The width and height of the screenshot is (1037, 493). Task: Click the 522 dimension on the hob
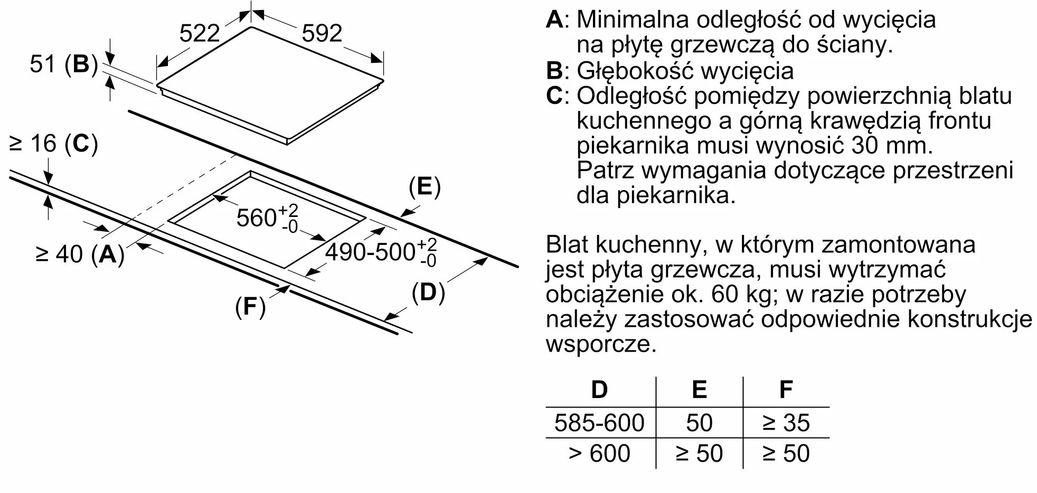(x=199, y=34)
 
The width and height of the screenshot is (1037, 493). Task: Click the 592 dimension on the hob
(x=322, y=34)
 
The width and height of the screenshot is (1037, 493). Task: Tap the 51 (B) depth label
(x=64, y=64)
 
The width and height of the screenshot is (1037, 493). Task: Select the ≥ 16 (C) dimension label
(x=54, y=144)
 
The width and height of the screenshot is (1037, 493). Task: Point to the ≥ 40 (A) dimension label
(x=80, y=254)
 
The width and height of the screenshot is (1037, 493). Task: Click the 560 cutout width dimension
(x=267, y=217)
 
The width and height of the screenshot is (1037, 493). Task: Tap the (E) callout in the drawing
(x=425, y=187)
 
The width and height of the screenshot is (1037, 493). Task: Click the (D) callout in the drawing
(x=428, y=292)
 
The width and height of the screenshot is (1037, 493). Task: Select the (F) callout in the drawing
(x=250, y=307)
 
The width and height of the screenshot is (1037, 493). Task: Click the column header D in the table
(x=599, y=390)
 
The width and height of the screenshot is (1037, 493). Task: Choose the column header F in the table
(x=786, y=390)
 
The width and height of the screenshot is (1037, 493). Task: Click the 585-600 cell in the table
(x=599, y=423)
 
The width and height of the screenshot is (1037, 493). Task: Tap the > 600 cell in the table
(x=599, y=453)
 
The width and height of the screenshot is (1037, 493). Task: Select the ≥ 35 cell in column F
(x=786, y=423)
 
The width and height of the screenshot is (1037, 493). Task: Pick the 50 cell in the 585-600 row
(x=699, y=423)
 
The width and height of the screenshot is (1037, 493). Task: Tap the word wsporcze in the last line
(x=601, y=345)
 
